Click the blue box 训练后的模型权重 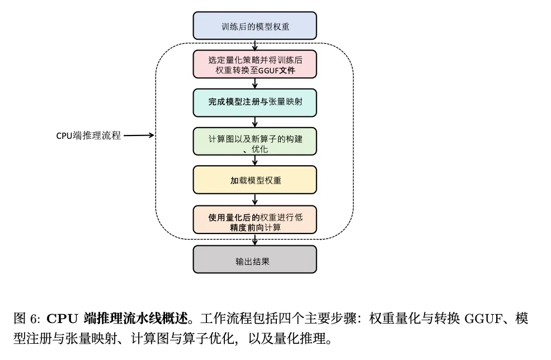pyautogui.click(x=255, y=26)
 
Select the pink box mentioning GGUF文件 pyautogui.click(x=255, y=64)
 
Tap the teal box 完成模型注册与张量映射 pyautogui.click(x=255, y=102)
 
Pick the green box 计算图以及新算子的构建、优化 pyautogui.click(x=255, y=141)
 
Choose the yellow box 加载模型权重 pyautogui.click(x=255, y=180)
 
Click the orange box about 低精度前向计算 pyautogui.click(x=255, y=219)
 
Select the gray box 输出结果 pyautogui.click(x=255, y=259)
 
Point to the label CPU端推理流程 pyautogui.click(x=88, y=135)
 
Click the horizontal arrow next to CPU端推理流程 pyautogui.click(x=139, y=135)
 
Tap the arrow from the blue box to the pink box pyautogui.click(x=255, y=45)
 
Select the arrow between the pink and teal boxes pyautogui.click(x=255, y=83)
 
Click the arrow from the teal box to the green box pyautogui.click(x=255, y=123)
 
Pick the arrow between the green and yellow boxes pyautogui.click(x=255, y=161)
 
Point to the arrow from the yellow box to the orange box pyautogui.click(x=255, y=200)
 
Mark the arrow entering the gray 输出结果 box pyautogui.click(x=255, y=240)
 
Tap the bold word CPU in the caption pyautogui.click(x=62, y=319)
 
